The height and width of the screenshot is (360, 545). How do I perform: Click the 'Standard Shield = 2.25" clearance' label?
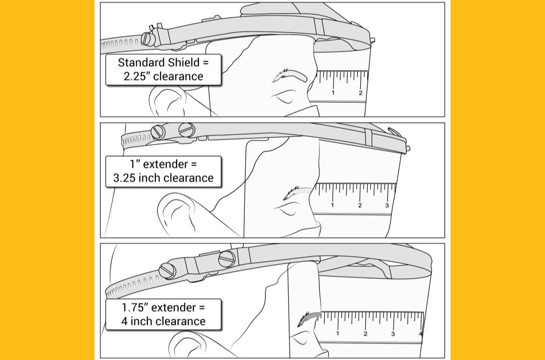pos(163,70)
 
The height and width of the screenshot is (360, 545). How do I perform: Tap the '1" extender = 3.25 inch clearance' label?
pos(163,171)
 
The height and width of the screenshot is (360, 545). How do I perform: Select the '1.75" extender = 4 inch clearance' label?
pos(163,314)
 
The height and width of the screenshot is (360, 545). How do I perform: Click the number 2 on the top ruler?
pos(360,93)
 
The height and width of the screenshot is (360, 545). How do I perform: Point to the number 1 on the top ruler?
pos(333,93)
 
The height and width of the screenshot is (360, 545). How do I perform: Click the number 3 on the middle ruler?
pos(387,206)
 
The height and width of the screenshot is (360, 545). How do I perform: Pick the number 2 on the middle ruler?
pos(360,206)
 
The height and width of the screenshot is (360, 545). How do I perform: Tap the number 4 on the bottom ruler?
pos(420,334)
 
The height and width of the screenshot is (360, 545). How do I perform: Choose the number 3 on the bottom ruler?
pos(393,334)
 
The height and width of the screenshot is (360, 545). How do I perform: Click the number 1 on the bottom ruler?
pos(338,334)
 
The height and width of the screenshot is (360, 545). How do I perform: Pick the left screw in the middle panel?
pos(158,132)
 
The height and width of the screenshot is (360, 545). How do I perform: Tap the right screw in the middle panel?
pos(187,130)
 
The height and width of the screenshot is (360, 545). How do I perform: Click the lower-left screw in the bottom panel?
pos(167,271)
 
